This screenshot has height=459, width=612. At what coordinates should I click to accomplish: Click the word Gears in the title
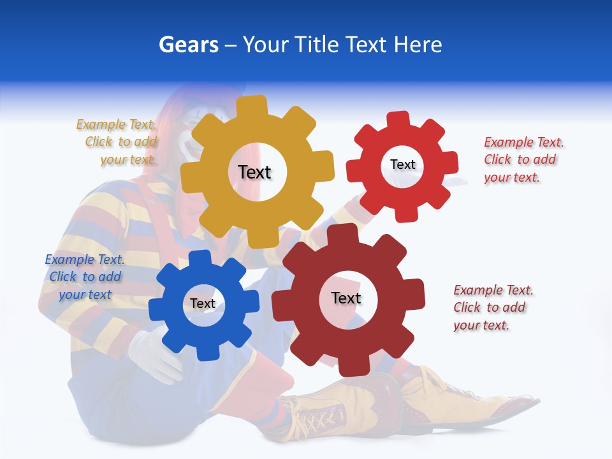[188, 45]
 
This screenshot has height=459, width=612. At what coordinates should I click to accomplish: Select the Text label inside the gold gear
[254, 172]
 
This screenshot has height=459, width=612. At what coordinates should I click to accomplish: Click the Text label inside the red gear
[402, 164]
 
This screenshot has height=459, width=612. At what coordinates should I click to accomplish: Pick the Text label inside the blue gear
[202, 303]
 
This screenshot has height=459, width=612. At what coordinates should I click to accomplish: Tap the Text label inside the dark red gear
[346, 298]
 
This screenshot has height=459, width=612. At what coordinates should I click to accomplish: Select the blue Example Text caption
[84, 277]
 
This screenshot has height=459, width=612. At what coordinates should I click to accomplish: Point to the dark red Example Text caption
[492, 307]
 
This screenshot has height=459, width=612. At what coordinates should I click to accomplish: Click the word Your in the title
[267, 45]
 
